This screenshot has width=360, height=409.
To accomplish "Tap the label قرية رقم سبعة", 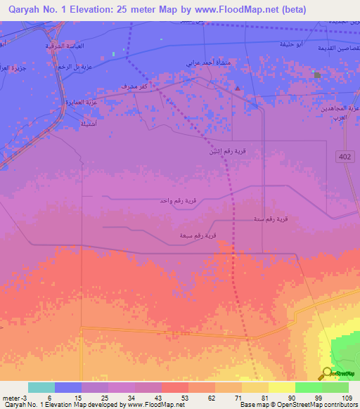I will coord(197,235).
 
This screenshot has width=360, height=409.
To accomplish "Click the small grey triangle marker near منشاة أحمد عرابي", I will coord(238,88).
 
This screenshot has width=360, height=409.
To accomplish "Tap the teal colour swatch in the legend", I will coord(41,387).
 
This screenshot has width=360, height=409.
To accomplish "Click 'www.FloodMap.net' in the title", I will coord(231,9).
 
